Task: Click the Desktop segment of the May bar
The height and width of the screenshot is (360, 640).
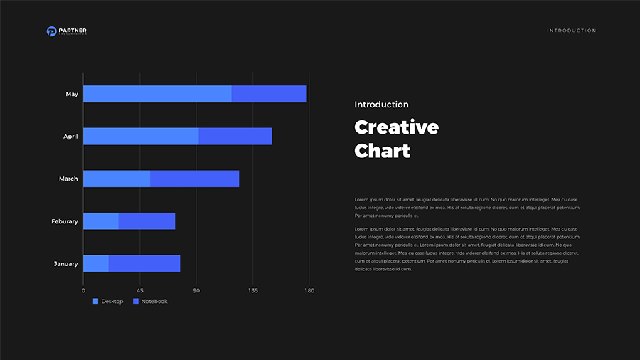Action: point(157,94)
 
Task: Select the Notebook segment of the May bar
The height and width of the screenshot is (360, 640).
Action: point(269,94)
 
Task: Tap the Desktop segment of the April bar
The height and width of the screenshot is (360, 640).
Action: point(141,137)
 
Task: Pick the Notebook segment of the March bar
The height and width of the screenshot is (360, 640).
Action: point(194,179)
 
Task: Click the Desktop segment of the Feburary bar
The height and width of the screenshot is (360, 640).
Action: point(101,221)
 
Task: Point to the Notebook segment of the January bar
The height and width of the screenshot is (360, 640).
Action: point(144,263)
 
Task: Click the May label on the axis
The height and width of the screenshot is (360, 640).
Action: point(72,94)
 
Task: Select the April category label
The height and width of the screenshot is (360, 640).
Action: point(70,137)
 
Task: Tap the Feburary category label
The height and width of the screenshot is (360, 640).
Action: point(65,221)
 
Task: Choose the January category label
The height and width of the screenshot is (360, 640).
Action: point(66,264)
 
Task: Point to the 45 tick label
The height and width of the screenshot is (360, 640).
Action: point(140,291)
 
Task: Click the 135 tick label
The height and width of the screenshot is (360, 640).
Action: point(253,291)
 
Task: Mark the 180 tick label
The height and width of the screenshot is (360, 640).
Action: point(309,291)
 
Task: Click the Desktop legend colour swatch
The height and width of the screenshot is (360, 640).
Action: point(96,302)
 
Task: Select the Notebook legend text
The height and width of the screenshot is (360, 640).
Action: point(154,302)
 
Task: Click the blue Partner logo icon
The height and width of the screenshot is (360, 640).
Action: point(51,31)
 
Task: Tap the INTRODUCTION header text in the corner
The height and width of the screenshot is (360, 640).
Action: point(572,31)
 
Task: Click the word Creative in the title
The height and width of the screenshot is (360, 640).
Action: point(396,128)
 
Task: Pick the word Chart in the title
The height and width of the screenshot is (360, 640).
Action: point(383,151)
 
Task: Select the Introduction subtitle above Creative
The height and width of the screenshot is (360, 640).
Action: point(381,105)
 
